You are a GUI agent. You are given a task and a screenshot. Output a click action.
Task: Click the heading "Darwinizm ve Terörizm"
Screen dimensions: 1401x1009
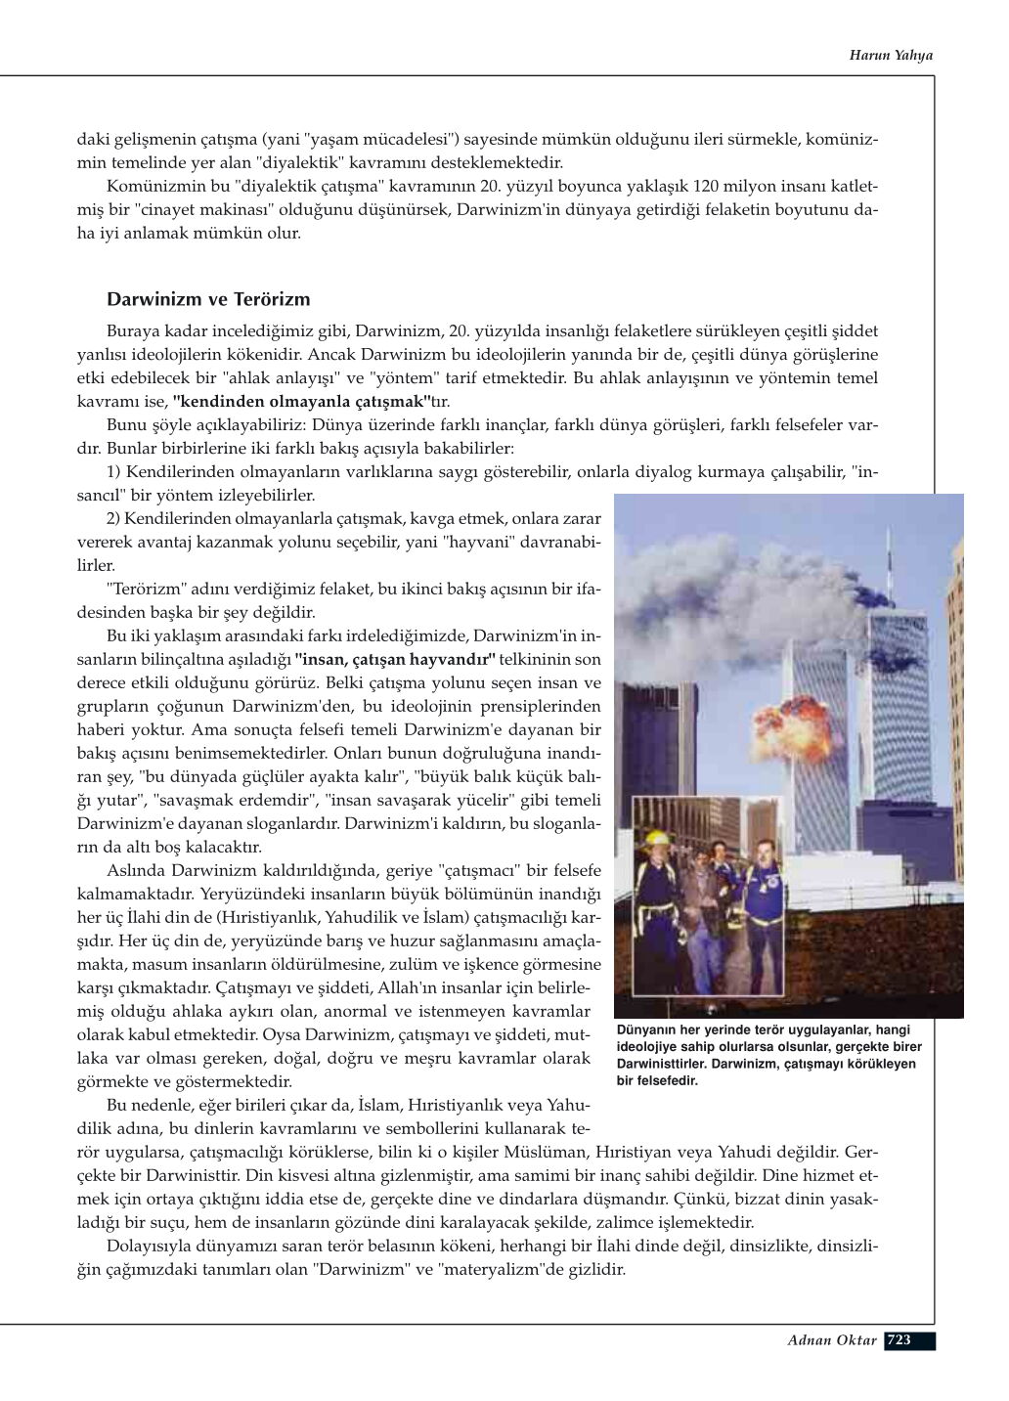click(x=208, y=299)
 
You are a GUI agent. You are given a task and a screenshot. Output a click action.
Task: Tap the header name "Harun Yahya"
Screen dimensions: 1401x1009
click(x=890, y=55)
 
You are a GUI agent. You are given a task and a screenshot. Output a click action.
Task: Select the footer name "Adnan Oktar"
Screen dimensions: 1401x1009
click(x=832, y=1339)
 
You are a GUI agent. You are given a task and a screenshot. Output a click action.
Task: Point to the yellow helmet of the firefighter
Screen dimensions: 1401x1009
click(x=657, y=839)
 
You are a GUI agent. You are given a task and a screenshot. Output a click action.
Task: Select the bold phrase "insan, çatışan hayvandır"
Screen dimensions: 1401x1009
click(x=395, y=659)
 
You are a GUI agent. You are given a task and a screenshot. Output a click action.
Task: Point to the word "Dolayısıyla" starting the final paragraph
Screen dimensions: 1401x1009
click(x=148, y=1247)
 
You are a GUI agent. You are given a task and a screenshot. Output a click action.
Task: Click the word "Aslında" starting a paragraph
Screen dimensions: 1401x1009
click(x=135, y=870)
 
